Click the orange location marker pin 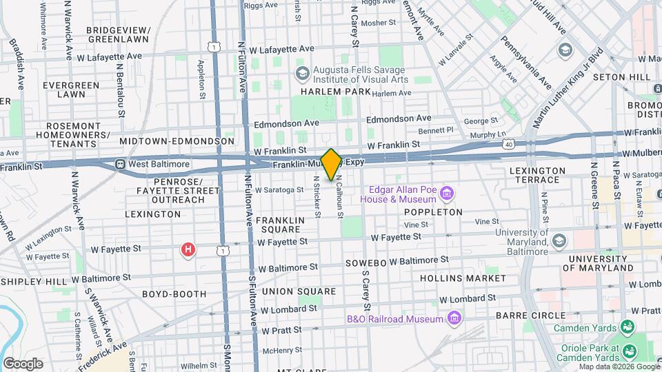click(332, 164)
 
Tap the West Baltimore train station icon click(120, 165)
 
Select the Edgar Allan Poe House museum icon click(448, 193)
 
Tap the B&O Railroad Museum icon click(454, 318)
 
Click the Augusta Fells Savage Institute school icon click(301, 73)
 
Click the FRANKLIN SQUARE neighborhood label click(280, 225)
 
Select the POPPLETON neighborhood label click(433, 212)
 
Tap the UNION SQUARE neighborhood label click(288, 292)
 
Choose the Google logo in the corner click(23, 363)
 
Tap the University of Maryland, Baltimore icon click(558, 240)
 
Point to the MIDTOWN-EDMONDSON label click(177, 141)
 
